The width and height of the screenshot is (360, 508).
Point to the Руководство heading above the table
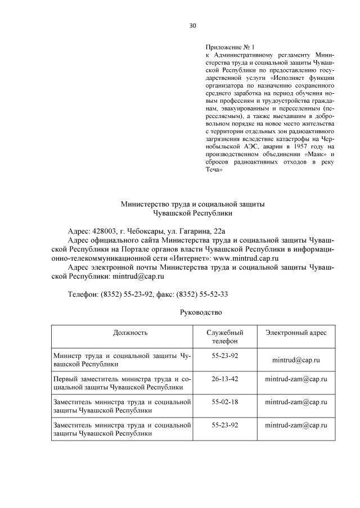pos(201,312)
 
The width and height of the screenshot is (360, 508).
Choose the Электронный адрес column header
pos(296,332)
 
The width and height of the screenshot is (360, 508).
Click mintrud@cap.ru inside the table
pos(296,360)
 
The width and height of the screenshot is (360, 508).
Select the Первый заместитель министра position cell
pos(121,383)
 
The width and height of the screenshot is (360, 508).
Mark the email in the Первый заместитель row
pos(296,379)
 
